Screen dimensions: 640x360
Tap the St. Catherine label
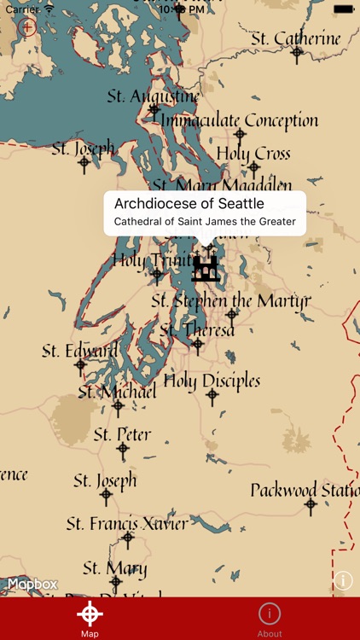click(295, 38)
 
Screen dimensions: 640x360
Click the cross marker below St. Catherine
click(296, 55)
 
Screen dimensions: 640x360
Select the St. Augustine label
click(153, 96)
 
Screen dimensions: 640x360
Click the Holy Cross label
click(253, 154)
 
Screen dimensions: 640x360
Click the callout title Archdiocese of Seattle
click(189, 204)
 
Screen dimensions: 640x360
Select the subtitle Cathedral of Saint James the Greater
click(205, 222)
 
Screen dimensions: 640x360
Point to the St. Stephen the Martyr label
click(231, 300)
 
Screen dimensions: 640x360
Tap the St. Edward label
click(80, 351)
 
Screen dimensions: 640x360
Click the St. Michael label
click(117, 392)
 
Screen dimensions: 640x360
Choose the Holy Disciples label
click(212, 381)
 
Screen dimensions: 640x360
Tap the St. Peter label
click(122, 434)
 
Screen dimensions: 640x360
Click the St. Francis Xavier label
click(127, 523)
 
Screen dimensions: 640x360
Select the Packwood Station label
click(305, 490)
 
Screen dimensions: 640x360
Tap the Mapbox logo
click(32, 585)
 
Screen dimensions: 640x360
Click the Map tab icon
click(90, 614)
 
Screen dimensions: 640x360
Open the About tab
click(270, 619)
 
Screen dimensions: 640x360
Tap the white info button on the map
click(342, 581)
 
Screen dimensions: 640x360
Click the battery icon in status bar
click(343, 9)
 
